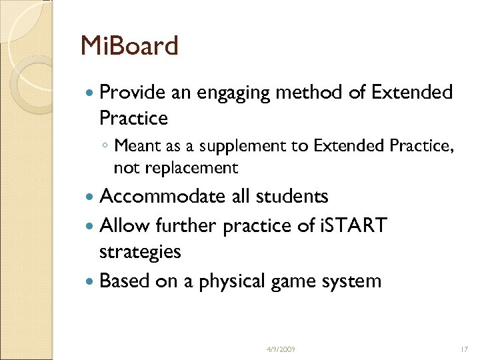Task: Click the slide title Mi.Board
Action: pyautogui.click(x=129, y=47)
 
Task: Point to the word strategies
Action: pyautogui.click(x=140, y=253)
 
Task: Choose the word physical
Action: pyautogui.click(x=225, y=281)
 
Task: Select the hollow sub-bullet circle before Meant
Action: pyautogui.click(x=106, y=146)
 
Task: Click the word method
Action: pyautogui.click(x=315, y=93)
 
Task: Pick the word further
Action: pyautogui.click(x=182, y=225)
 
